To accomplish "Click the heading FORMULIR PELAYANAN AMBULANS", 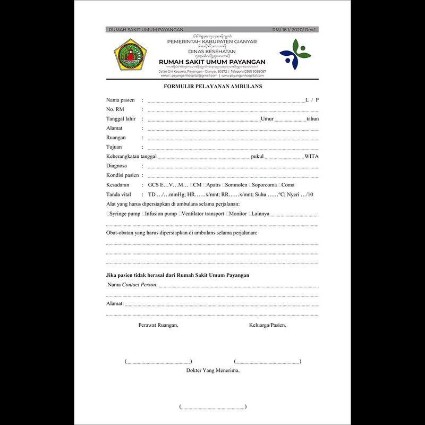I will tap(212, 86).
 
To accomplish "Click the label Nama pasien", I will tap(121, 100).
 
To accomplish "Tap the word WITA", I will tap(312, 157).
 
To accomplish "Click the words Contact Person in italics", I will tap(139, 285).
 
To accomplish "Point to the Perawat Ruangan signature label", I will tap(158, 325).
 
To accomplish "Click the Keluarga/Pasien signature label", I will tap(267, 325).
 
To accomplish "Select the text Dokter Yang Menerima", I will tap(212, 370).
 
